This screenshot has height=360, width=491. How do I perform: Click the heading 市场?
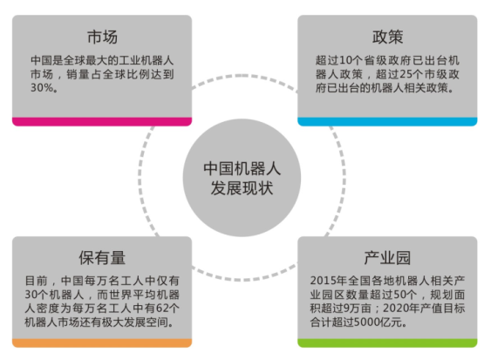(x=102, y=37)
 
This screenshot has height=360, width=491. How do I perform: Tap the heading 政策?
(x=388, y=37)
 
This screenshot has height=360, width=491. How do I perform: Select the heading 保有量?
(x=102, y=258)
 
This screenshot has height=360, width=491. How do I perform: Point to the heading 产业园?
(x=387, y=258)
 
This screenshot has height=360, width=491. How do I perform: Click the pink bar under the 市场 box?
(x=102, y=121)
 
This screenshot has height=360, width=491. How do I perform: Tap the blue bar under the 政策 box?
(x=387, y=121)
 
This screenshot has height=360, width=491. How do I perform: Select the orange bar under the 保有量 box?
(x=102, y=343)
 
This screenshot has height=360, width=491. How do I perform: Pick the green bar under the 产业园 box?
(x=387, y=343)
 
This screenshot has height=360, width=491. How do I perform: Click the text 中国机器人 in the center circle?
(x=242, y=168)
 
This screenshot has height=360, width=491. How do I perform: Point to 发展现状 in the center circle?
(x=242, y=188)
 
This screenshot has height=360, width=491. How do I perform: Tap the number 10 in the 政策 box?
(x=345, y=60)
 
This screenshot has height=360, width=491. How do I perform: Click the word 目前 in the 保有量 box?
(x=36, y=281)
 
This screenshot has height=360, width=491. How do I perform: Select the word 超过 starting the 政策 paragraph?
(x=327, y=60)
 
